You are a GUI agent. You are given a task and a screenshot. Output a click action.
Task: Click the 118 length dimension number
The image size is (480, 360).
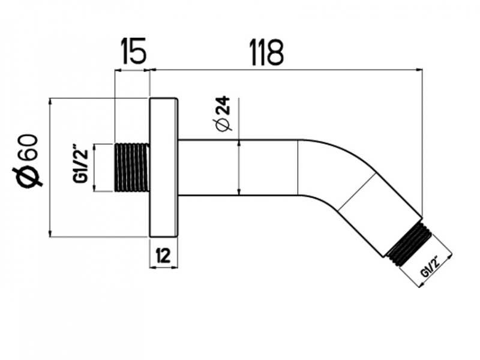pyautogui.click(x=267, y=52)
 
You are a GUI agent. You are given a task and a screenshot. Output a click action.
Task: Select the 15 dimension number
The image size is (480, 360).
pyautogui.click(x=134, y=51)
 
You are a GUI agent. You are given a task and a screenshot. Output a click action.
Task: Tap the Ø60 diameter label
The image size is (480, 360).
pyautogui.click(x=28, y=160)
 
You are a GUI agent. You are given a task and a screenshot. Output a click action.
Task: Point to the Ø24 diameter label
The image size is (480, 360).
pyautogui.click(x=223, y=113)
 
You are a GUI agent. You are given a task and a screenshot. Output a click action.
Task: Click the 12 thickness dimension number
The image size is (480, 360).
pyautogui.click(x=163, y=256)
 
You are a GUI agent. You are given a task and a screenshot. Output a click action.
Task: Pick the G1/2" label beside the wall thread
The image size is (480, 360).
pyautogui.click(x=80, y=166)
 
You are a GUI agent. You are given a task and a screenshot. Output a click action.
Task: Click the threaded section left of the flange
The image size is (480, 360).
pyautogui.click(x=132, y=167)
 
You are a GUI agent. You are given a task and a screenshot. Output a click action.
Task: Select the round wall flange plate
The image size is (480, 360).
pyautogui.click(x=163, y=167)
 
